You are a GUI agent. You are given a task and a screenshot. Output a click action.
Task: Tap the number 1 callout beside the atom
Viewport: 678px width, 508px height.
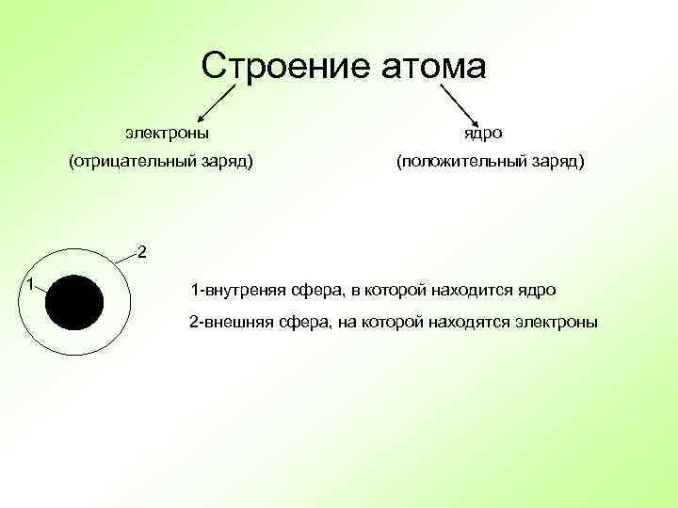click(x=31, y=283)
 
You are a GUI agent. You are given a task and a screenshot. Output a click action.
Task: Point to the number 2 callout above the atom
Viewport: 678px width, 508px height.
click(x=141, y=251)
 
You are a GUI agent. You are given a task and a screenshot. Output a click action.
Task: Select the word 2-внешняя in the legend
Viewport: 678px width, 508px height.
click(x=229, y=322)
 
